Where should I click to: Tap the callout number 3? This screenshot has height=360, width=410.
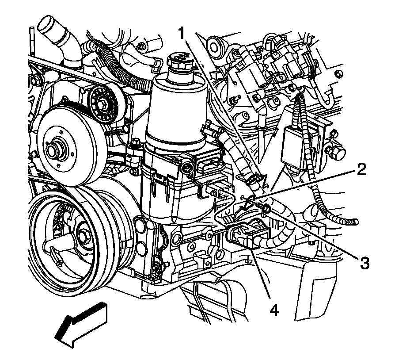point(364,263)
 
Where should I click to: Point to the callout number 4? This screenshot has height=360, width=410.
point(274,311)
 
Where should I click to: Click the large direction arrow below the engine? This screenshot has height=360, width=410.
point(82,324)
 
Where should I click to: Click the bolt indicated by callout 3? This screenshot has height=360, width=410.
point(266,207)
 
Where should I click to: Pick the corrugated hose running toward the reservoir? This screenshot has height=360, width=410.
point(119,66)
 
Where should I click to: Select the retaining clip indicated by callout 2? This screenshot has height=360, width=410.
point(250,202)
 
